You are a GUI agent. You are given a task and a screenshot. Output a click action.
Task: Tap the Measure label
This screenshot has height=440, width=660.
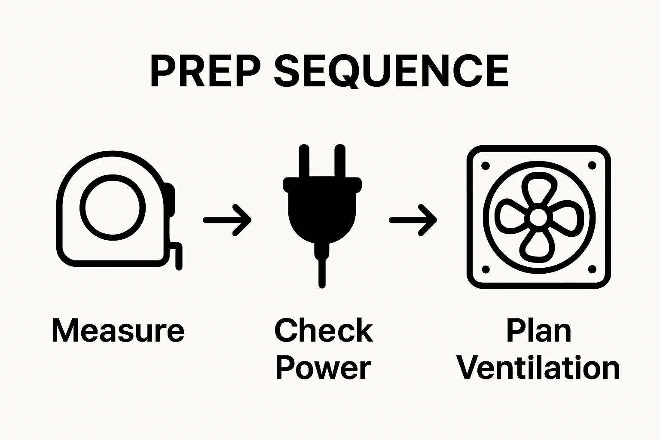click(118, 331)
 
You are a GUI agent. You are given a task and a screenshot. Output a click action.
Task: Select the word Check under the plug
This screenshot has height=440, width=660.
click(324, 331)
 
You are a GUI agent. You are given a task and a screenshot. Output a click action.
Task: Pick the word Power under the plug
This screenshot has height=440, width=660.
click(323, 368)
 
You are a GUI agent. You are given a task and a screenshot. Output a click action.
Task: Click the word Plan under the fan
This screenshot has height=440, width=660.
click(539, 331)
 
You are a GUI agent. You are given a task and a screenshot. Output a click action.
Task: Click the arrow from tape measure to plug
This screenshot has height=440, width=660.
click(227, 220)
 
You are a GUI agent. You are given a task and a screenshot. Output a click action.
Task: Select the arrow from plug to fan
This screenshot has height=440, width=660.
click(413, 220)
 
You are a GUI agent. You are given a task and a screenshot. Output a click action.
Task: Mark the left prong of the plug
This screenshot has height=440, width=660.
click(304, 162)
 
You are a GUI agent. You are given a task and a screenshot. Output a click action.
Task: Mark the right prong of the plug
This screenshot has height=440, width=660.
click(339, 162)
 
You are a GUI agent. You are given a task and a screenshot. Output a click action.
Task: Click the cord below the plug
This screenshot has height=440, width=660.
click(322, 271)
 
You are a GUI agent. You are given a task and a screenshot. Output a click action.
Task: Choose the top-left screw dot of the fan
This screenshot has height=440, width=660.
click(486, 165)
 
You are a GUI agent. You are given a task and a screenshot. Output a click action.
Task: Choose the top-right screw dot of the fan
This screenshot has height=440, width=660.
click(592, 165)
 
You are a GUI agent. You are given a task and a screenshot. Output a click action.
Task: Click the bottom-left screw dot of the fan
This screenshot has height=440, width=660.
click(486, 269)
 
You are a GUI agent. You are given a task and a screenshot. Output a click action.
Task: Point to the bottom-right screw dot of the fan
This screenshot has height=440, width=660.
click(592, 269)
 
